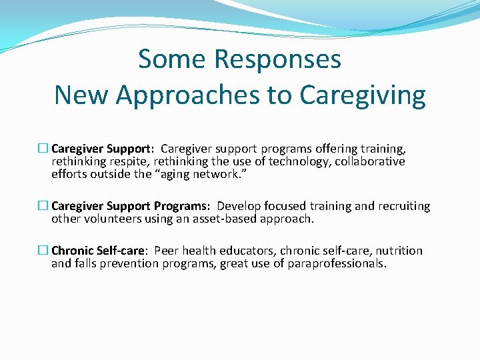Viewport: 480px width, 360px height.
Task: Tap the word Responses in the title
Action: click(277, 59)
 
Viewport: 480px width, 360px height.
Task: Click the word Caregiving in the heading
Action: click(363, 95)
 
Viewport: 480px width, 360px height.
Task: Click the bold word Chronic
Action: click(72, 251)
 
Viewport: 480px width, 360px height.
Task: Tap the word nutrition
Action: click(399, 251)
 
